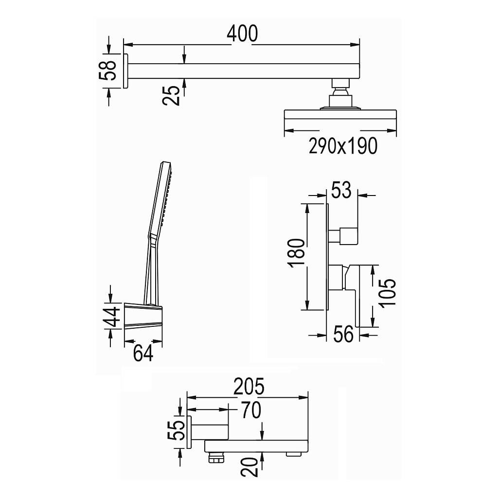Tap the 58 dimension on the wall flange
tap(108, 70)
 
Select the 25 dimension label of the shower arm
tap(171, 95)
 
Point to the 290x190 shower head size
tap(343, 146)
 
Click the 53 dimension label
tap(341, 190)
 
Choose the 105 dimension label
tap(388, 293)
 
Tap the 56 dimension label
tap(343, 334)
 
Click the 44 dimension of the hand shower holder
tap(112, 317)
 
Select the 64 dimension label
tap(143, 353)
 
